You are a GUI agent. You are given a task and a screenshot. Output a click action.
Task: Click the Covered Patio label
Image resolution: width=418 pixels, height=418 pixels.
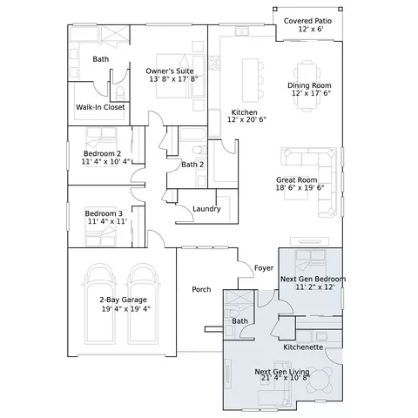click(x=307, y=21)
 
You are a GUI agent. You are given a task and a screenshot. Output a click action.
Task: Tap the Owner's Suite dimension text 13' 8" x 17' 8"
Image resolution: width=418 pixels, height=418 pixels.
click(x=173, y=79)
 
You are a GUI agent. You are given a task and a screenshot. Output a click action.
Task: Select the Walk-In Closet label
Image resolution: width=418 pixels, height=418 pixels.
click(x=100, y=107)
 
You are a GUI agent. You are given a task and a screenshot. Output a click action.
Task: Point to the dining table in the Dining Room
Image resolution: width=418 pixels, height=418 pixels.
click(x=307, y=86)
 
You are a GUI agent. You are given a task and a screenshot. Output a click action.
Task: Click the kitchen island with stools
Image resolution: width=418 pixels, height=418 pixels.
click(x=253, y=80)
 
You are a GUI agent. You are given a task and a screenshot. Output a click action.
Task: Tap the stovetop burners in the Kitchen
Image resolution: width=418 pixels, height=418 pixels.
click(x=215, y=63)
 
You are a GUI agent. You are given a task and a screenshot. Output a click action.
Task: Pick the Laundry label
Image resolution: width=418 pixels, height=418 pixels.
click(x=206, y=209)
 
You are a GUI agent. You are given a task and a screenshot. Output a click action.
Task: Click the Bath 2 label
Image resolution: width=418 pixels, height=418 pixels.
click(x=192, y=165)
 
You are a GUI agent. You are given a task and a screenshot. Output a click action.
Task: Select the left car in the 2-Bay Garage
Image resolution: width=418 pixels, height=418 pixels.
click(x=101, y=304)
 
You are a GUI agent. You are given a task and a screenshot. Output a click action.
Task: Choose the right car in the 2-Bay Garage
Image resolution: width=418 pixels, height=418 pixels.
click(x=144, y=304)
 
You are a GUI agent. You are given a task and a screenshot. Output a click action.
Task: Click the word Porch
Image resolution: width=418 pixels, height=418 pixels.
click(x=201, y=289)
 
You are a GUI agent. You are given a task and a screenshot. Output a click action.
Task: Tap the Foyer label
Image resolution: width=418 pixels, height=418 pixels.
click(x=264, y=268)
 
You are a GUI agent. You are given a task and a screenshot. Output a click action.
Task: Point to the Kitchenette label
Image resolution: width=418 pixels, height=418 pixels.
click(x=303, y=347)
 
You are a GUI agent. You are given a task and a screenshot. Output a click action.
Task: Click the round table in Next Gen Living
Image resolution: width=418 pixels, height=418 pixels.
click(x=320, y=381)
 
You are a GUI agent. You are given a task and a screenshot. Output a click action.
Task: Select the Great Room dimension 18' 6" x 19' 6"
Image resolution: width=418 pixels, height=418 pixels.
click(x=300, y=187)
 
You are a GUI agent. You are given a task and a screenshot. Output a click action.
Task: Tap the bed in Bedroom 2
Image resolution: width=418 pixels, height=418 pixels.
click(x=101, y=139)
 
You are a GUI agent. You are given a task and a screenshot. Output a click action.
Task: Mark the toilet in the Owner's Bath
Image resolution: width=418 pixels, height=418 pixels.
click(x=119, y=92)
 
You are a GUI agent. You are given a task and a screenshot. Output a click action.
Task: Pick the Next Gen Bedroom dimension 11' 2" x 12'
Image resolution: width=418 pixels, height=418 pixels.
click(x=315, y=287)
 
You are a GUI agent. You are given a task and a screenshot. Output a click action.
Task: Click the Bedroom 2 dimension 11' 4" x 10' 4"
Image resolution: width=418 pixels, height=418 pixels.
click(x=105, y=161)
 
